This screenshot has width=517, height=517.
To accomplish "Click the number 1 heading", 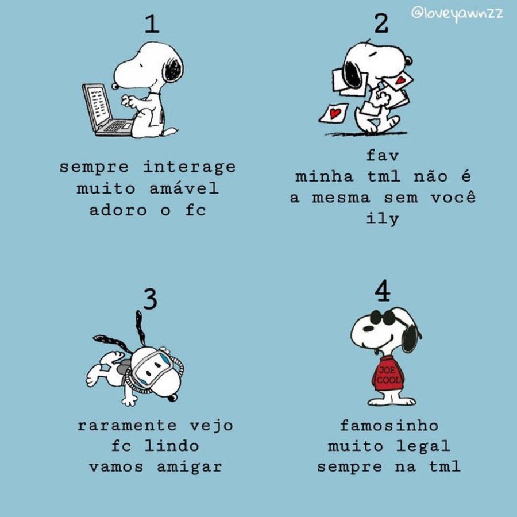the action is (152, 24).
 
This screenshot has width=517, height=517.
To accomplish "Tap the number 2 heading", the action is (381, 24).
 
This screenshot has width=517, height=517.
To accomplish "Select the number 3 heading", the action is (151, 299).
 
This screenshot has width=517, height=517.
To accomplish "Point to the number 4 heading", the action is (383, 291).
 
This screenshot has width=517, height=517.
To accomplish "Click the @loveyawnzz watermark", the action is (457, 14).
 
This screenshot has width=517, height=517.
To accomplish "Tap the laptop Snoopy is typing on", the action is (106, 110).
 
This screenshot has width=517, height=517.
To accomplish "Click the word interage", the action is (189, 167).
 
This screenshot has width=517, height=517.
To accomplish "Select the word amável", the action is (184, 188).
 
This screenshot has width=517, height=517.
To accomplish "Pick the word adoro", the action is (118, 210).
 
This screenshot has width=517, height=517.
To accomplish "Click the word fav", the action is (383, 155).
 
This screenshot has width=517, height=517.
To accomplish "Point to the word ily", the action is (383, 219).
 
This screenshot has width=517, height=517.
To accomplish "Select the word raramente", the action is (127, 425).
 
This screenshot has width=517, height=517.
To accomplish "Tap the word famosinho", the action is (389, 425).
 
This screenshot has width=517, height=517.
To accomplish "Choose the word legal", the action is (423, 446).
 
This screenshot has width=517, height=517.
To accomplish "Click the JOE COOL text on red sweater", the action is (388, 375).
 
